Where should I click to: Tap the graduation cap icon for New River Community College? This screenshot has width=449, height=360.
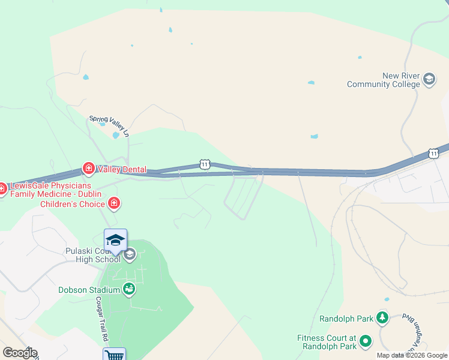click(x=429, y=79)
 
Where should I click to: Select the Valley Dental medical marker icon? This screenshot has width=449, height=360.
click(x=88, y=169)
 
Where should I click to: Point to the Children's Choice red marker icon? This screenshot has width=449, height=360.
click(x=114, y=204)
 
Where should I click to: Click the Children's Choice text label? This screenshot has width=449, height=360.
click(x=72, y=205)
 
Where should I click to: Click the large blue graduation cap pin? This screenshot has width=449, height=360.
click(x=115, y=241)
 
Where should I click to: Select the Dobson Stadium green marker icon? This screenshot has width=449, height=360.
click(x=129, y=290)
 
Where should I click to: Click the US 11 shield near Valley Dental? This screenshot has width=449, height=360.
click(x=205, y=164)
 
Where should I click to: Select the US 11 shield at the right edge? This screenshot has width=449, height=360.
click(x=433, y=154)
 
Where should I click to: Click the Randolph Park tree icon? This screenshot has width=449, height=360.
click(x=382, y=317)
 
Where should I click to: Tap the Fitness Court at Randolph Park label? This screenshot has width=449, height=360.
click(x=327, y=342)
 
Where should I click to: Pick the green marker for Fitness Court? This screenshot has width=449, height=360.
click(x=365, y=343)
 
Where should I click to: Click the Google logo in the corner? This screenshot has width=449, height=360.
click(x=20, y=353)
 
